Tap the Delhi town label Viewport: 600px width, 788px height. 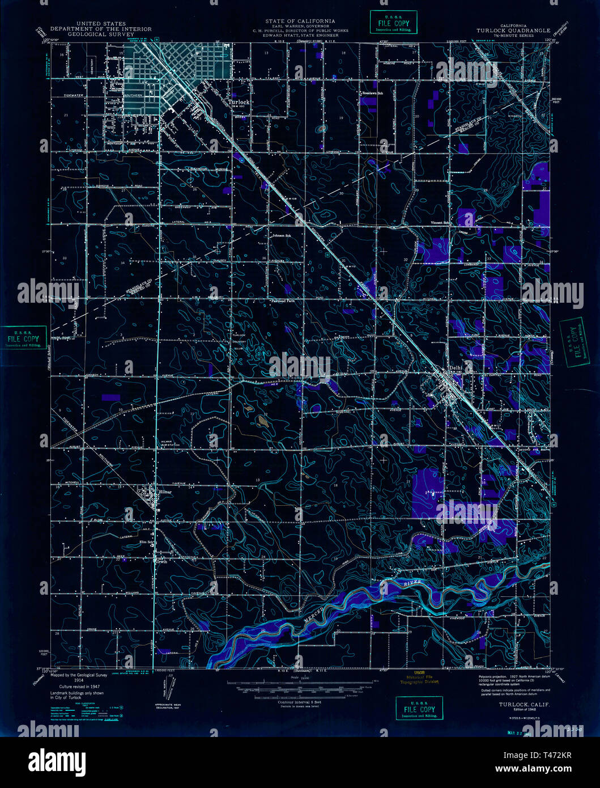[456, 367]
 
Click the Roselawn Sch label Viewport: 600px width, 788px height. [373, 93]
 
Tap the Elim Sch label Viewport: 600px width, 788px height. [147, 541]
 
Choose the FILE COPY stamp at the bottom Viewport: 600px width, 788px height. [419, 709]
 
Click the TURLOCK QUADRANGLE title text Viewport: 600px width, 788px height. [513, 31]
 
